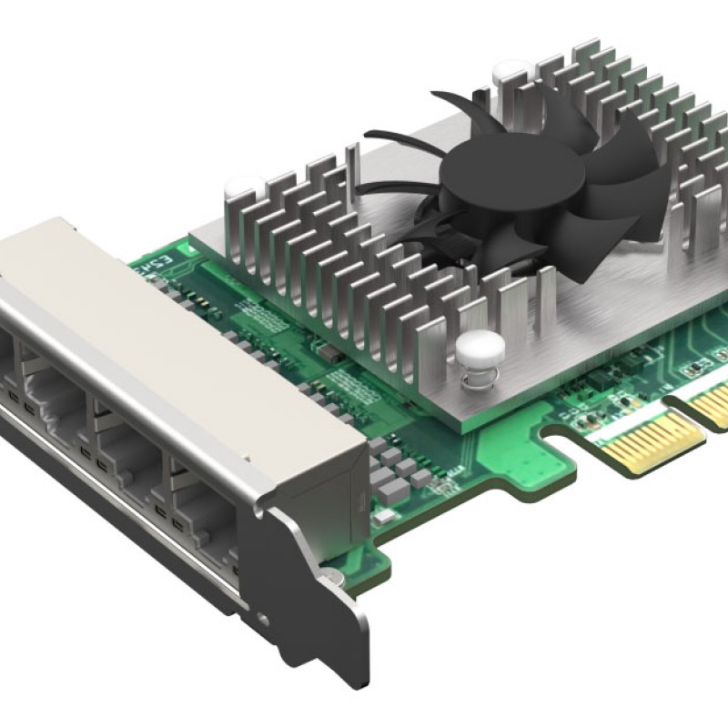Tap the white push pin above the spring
pos(475,344)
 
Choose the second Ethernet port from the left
pos(55,400)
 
